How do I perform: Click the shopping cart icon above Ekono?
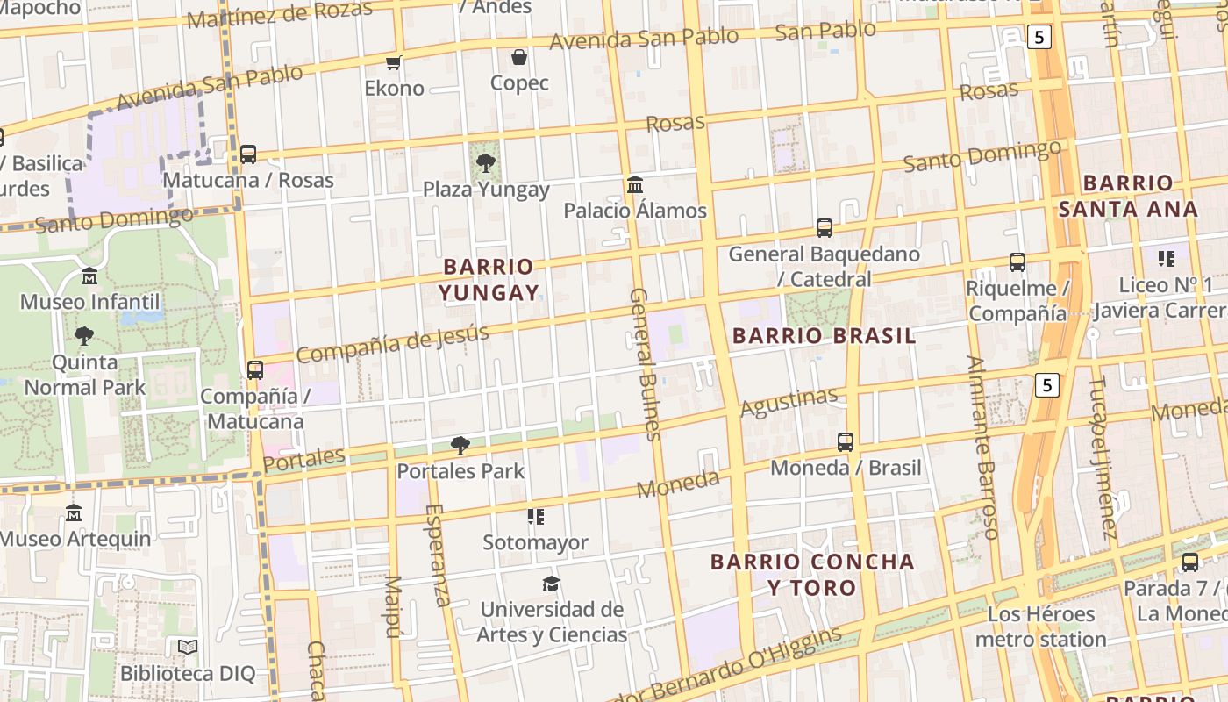pyautogui.click(x=394, y=62)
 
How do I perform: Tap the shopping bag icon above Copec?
pyautogui.click(x=519, y=57)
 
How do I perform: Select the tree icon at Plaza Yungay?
pyautogui.click(x=485, y=163)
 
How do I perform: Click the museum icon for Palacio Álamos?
pyautogui.click(x=635, y=184)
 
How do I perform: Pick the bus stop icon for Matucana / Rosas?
pyautogui.click(x=248, y=154)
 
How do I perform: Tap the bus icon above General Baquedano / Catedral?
pyautogui.click(x=825, y=228)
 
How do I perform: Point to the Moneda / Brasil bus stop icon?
pyautogui.click(x=846, y=442)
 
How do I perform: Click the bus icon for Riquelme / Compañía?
pyautogui.click(x=1017, y=261)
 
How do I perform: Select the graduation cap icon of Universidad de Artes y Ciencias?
pyautogui.click(x=551, y=584)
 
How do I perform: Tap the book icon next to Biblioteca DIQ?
pyautogui.click(x=188, y=648)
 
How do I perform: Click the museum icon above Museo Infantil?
pyautogui.click(x=89, y=277)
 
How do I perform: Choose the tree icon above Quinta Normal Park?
pyautogui.click(x=84, y=336)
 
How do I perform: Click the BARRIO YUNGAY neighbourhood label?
pyautogui.click(x=489, y=279)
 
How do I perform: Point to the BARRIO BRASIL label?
pyautogui.click(x=824, y=336)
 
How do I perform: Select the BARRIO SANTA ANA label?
pyautogui.click(x=1128, y=196)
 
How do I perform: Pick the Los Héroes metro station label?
pyautogui.click(x=1041, y=626)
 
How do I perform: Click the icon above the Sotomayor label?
pyautogui.click(x=535, y=517)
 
